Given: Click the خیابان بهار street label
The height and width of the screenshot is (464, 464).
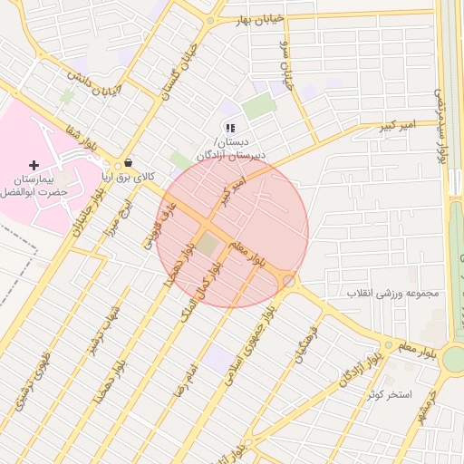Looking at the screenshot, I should tap(260, 19).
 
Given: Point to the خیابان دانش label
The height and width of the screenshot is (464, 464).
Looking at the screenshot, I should tap(90, 81).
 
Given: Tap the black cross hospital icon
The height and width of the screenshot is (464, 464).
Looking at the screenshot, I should tap(34, 165).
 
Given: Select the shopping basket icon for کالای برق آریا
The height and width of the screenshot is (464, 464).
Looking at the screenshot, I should tap(128, 163).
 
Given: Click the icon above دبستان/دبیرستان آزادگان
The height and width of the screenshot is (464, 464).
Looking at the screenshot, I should tap(230, 128).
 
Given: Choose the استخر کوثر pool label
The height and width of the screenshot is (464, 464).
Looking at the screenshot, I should tap(390, 395).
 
